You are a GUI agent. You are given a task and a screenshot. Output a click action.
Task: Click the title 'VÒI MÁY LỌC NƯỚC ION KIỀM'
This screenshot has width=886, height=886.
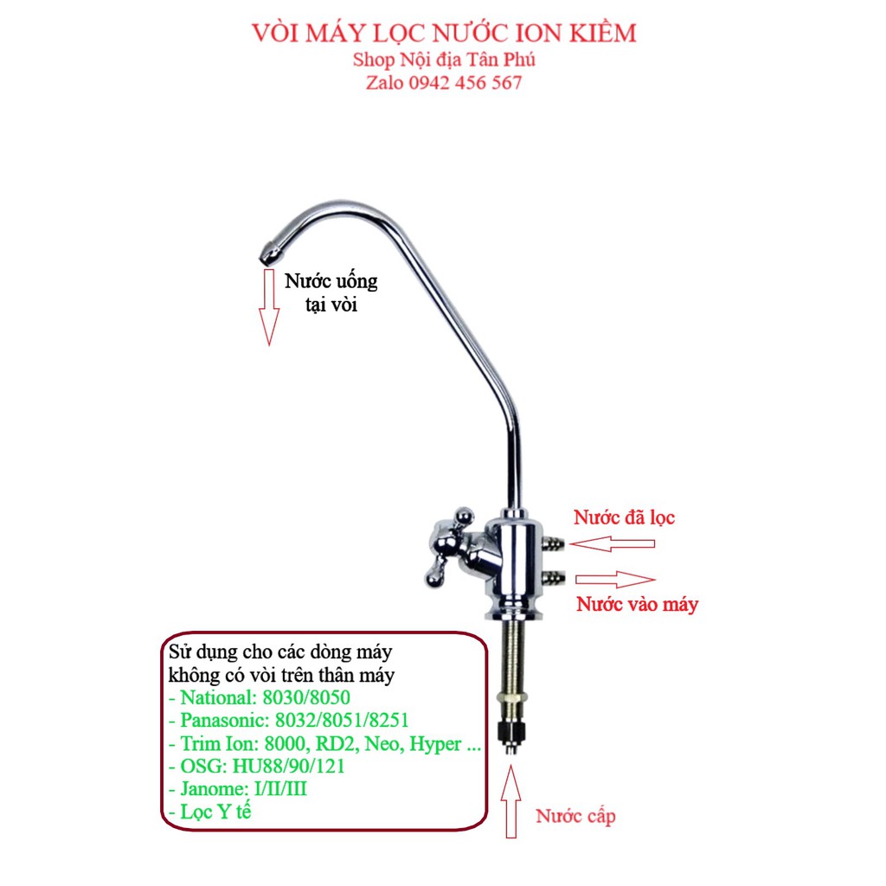(444, 33)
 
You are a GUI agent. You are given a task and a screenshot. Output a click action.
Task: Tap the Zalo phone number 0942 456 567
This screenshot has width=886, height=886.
(444, 83)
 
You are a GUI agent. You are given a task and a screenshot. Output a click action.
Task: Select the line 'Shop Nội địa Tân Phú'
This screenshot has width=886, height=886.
(444, 60)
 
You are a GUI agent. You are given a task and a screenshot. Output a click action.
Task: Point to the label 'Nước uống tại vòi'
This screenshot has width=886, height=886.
(331, 293)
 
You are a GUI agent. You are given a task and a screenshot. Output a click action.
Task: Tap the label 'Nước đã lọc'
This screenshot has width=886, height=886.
(624, 518)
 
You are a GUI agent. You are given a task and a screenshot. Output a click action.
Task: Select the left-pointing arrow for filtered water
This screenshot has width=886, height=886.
(617, 544)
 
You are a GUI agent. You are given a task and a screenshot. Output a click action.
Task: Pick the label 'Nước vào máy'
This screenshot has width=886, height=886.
(637, 605)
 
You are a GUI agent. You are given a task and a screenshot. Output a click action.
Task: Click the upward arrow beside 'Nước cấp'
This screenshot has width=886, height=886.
(511, 804)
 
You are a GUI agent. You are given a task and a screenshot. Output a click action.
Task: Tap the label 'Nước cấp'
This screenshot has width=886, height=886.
(575, 816)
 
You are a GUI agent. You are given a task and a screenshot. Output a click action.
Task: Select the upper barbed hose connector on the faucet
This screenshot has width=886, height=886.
(553, 543)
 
